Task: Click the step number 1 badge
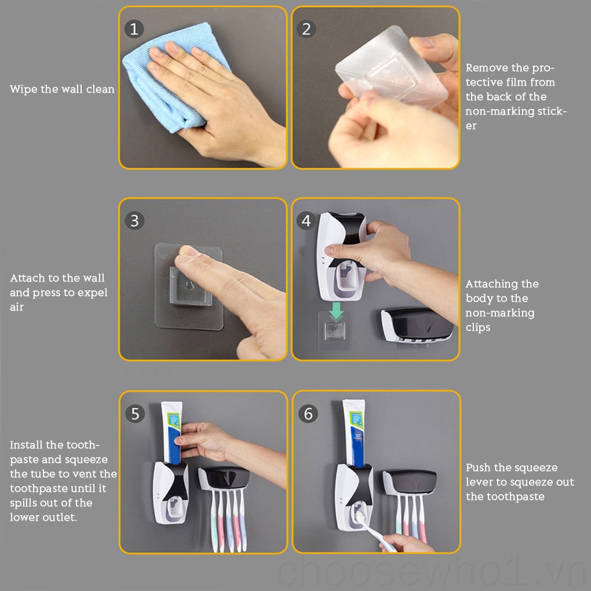point(134,29)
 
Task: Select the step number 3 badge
point(134,221)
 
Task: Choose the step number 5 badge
point(135,414)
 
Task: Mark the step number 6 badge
point(308,414)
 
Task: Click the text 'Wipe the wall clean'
point(62,89)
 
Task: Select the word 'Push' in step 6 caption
point(479,468)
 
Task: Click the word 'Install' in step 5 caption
point(27,445)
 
